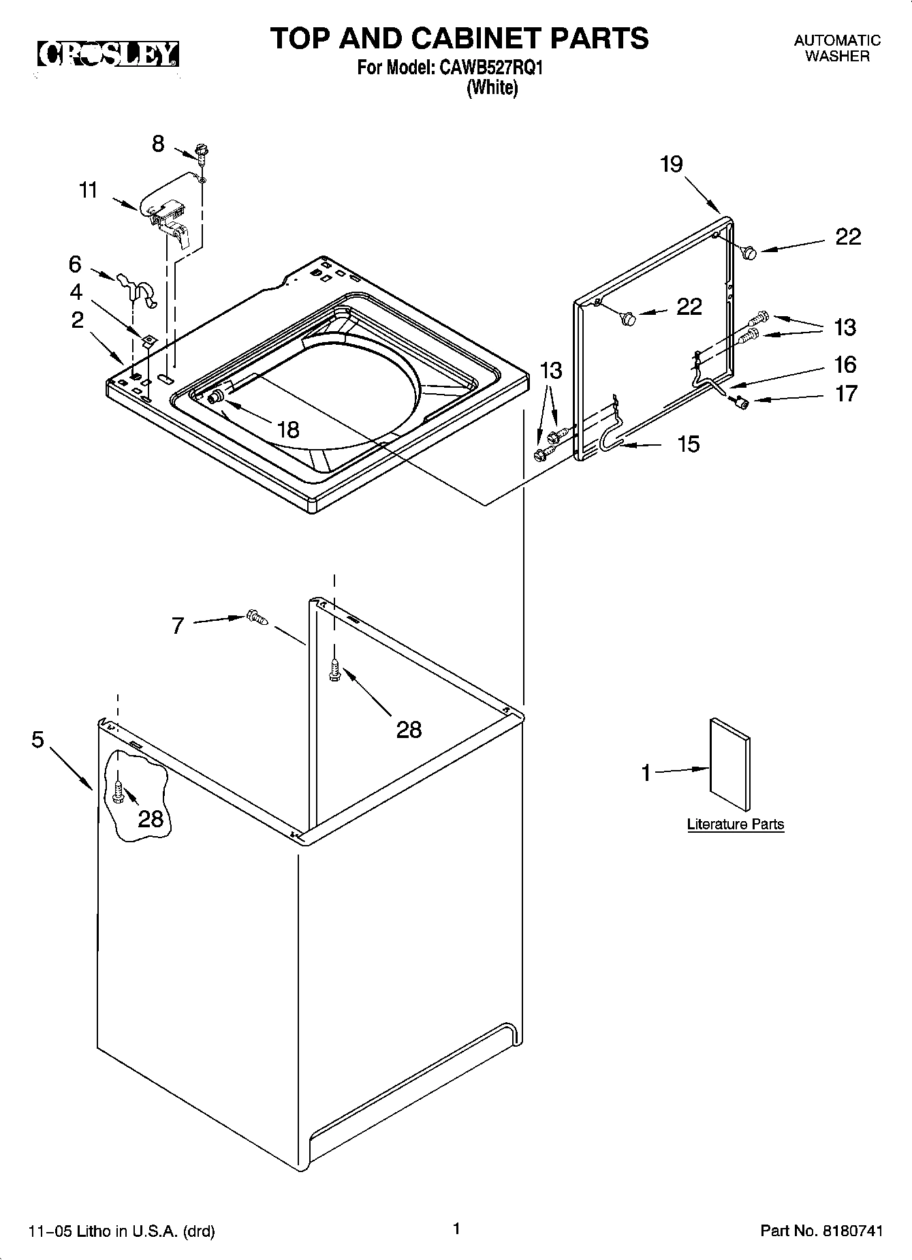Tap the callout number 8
coord(158,144)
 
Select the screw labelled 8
coord(202,153)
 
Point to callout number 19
coord(671,164)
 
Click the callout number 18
coord(289,429)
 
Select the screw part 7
coord(257,617)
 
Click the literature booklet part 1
coord(730,767)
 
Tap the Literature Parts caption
coord(736,824)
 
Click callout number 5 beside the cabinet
coord(37,739)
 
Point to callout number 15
coord(689,444)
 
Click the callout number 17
coord(846,393)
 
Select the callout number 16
coord(845,365)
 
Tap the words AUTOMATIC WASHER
coord(837,48)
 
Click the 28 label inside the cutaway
coord(151,818)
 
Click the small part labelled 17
coord(741,403)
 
